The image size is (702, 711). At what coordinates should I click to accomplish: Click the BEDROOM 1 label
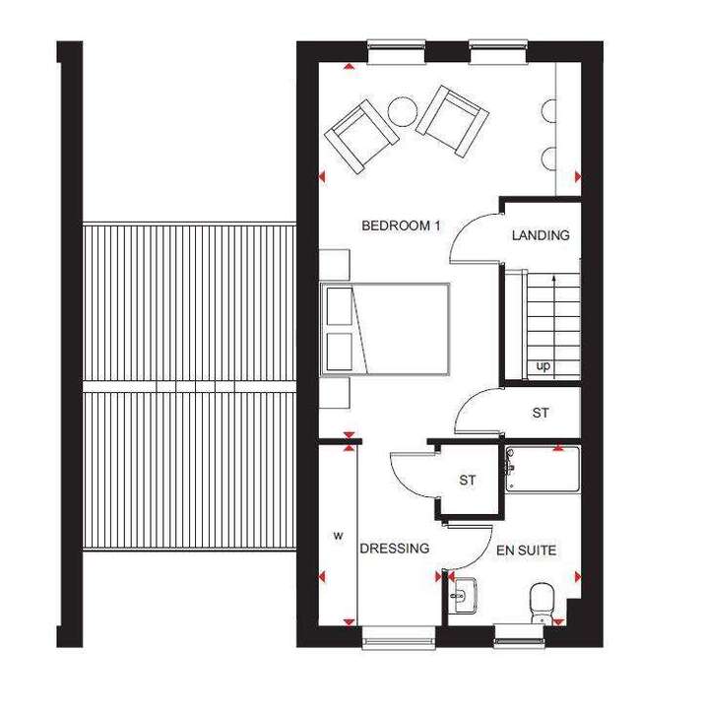click(401, 226)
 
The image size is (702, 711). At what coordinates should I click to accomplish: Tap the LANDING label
click(541, 235)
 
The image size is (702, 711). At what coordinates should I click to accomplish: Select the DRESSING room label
click(395, 549)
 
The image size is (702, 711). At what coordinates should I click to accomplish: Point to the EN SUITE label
click(526, 550)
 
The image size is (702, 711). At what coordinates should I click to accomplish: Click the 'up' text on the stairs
click(542, 366)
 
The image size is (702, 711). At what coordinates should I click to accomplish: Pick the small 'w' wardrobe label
click(339, 536)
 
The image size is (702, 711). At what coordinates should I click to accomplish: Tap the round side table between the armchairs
click(403, 113)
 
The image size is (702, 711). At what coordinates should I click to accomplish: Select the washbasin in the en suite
click(463, 595)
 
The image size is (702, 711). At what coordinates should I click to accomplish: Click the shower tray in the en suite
click(542, 470)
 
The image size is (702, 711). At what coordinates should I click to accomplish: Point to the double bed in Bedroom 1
click(385, 330)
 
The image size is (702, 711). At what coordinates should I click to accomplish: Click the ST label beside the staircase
click(541, 413)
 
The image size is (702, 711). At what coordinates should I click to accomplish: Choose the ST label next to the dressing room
click(467, 481)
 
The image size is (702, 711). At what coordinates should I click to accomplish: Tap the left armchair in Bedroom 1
click(361, 136)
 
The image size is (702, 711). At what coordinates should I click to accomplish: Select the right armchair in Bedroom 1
click(452, 121)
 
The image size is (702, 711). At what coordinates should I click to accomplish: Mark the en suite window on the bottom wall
click(519, 634)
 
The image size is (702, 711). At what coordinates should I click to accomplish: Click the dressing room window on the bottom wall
click(399, 635)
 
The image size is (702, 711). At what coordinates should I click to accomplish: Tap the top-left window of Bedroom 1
click(397, 51)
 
